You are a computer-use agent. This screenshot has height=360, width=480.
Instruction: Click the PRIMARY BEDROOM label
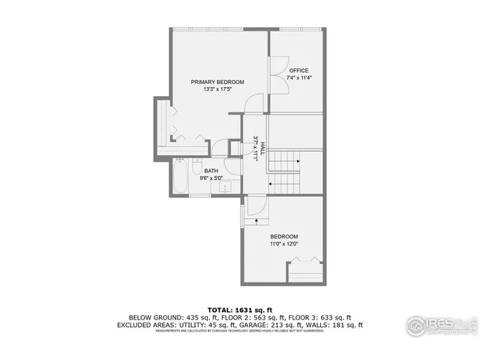pos(217,82)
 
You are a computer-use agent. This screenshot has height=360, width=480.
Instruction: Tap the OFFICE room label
pos(298,70)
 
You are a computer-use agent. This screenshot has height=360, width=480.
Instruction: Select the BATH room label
pos(211,170)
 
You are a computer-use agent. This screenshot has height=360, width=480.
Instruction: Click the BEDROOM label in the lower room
pos(284,235)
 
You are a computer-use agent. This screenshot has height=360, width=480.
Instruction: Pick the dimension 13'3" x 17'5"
pos(217,89)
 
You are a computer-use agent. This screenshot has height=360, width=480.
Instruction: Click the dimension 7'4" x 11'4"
pos(298,78)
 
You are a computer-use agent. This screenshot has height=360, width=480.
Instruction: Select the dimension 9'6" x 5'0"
pos(211,178)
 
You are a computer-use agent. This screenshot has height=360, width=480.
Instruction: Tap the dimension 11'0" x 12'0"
pos(284,243)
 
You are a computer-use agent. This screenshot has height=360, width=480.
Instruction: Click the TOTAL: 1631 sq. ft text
pos(239,308)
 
